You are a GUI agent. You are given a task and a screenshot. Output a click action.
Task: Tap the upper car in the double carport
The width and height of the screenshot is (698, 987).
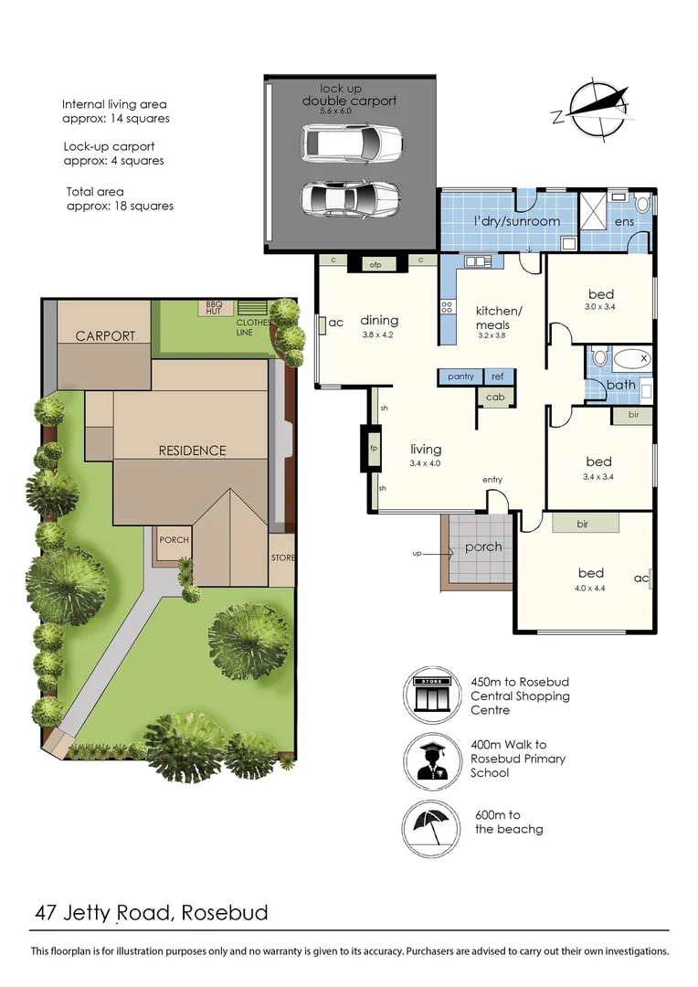tap(351, 143)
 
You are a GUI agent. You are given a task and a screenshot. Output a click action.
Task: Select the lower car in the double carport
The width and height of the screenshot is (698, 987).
tap(351, 199)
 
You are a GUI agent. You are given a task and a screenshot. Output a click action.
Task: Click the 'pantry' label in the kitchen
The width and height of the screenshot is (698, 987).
tap(460, 377)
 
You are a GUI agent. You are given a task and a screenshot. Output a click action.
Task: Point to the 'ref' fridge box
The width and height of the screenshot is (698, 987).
tap(499, 377)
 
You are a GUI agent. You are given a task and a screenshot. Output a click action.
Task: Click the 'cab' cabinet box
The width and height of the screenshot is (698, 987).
tap(495, 398)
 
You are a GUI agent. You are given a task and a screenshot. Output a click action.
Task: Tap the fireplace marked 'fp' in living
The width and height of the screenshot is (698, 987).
tap(374, 448)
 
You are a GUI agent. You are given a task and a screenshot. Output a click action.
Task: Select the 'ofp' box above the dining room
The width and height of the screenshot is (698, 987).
tap(375, 264)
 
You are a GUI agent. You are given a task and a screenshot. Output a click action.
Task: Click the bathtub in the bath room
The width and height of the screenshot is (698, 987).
tap(632, 359)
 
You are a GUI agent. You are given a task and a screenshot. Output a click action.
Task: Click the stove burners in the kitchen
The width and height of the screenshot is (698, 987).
tap(447, 307)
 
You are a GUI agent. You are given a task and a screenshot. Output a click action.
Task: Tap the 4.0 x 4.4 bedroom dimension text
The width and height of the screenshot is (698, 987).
tap(590, 589)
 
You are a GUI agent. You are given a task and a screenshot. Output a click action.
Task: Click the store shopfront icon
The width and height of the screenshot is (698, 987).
tap(431, 695)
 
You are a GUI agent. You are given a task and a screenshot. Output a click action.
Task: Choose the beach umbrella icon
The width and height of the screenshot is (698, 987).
tap(430, 828)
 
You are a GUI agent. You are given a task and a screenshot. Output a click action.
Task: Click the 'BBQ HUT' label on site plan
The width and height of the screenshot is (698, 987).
tap(214, 308)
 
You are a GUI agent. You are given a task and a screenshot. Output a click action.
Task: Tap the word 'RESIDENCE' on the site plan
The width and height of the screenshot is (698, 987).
tap(192, 451)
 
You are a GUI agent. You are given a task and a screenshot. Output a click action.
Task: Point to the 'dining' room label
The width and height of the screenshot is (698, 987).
tap(379, 321)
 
